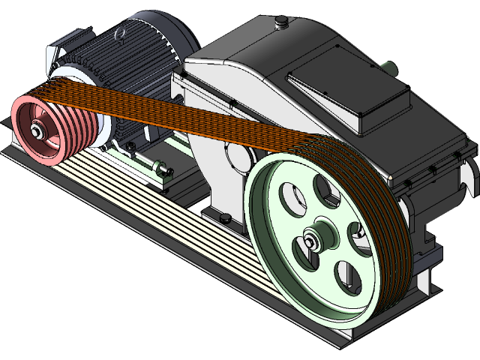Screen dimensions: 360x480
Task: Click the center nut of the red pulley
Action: tap(37, 133)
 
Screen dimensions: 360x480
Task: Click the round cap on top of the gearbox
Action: tap(283, 25)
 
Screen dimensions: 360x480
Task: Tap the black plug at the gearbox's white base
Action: tap(224, 218)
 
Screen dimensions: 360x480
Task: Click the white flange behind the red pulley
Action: tap(75, 79)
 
